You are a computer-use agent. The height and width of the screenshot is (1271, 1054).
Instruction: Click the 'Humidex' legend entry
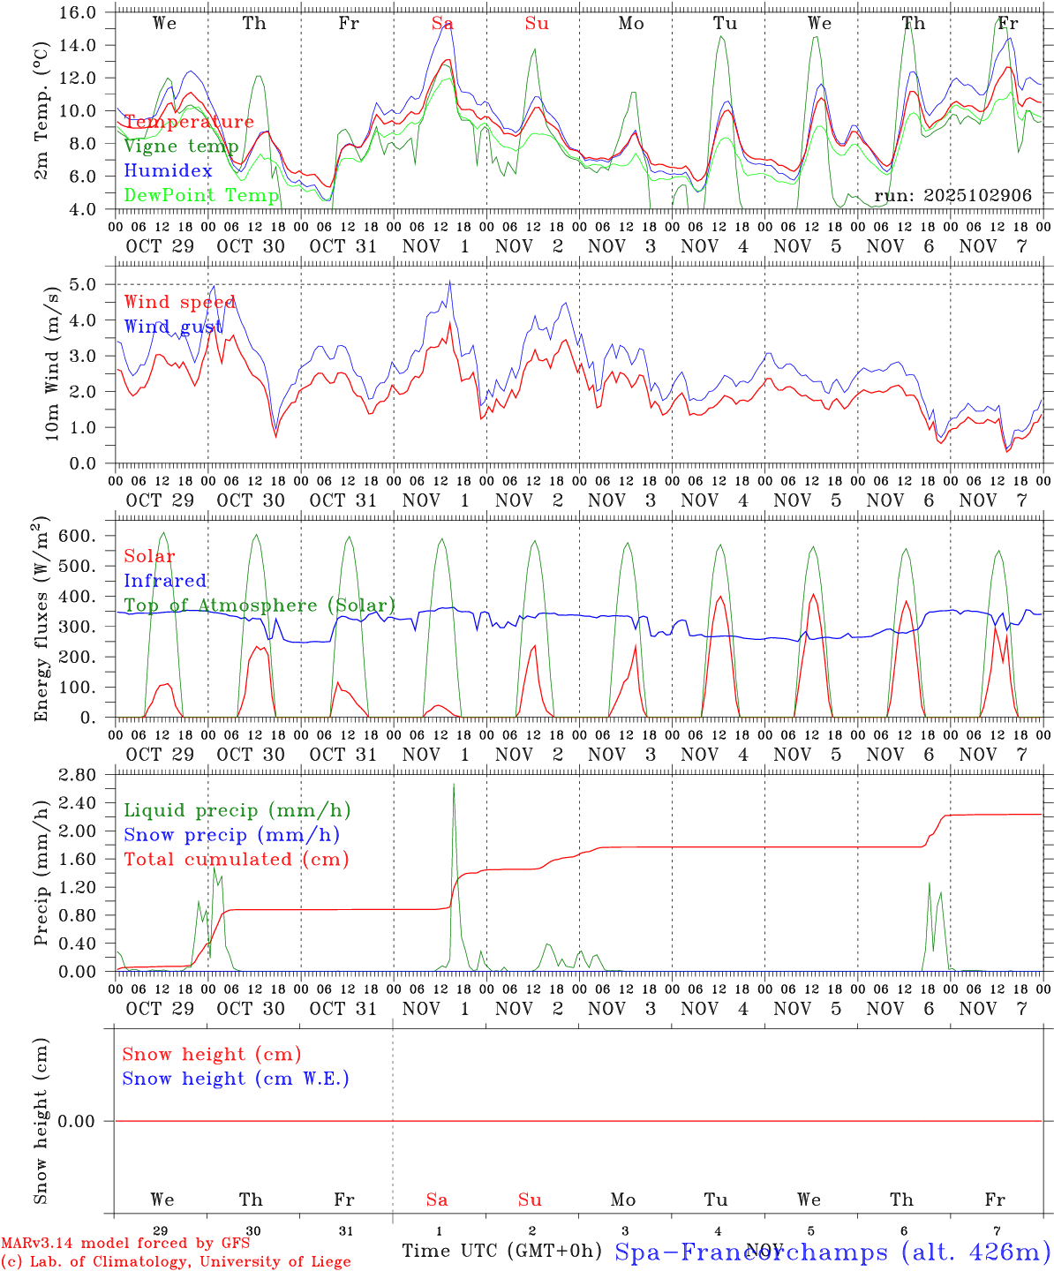pos(168,170)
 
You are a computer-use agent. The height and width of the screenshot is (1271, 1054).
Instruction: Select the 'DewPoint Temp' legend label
pos(201,195)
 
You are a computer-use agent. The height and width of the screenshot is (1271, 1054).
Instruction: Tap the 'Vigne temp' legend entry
pos(181,147)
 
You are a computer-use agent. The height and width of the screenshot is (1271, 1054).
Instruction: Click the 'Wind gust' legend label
pos(173,327)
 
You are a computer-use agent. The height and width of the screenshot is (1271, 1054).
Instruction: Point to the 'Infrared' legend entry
pos(165,581)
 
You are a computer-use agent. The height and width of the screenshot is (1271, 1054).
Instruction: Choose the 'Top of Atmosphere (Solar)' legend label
pos(260,605)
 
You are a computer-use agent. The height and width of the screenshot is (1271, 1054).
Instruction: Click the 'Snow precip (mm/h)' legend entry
pos(231,835)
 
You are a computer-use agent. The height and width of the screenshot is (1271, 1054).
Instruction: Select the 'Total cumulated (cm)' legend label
pos(236,859)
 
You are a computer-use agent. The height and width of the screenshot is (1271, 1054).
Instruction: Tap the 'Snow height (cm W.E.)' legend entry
pos(236,1079)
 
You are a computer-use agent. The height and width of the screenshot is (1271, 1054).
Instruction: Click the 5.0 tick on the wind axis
pos(87,284)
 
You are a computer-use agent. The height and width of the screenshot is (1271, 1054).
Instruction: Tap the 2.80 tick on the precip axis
pos(79,775)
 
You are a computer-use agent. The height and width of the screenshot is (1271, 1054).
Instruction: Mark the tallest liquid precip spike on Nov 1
pos(454,785)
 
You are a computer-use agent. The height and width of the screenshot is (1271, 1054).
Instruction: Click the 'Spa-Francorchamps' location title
pos(750,1252)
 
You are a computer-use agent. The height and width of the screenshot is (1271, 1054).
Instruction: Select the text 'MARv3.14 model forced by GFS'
pos(125,1243)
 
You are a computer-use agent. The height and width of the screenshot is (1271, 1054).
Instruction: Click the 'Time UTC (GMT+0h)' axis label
pos(501,1251)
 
